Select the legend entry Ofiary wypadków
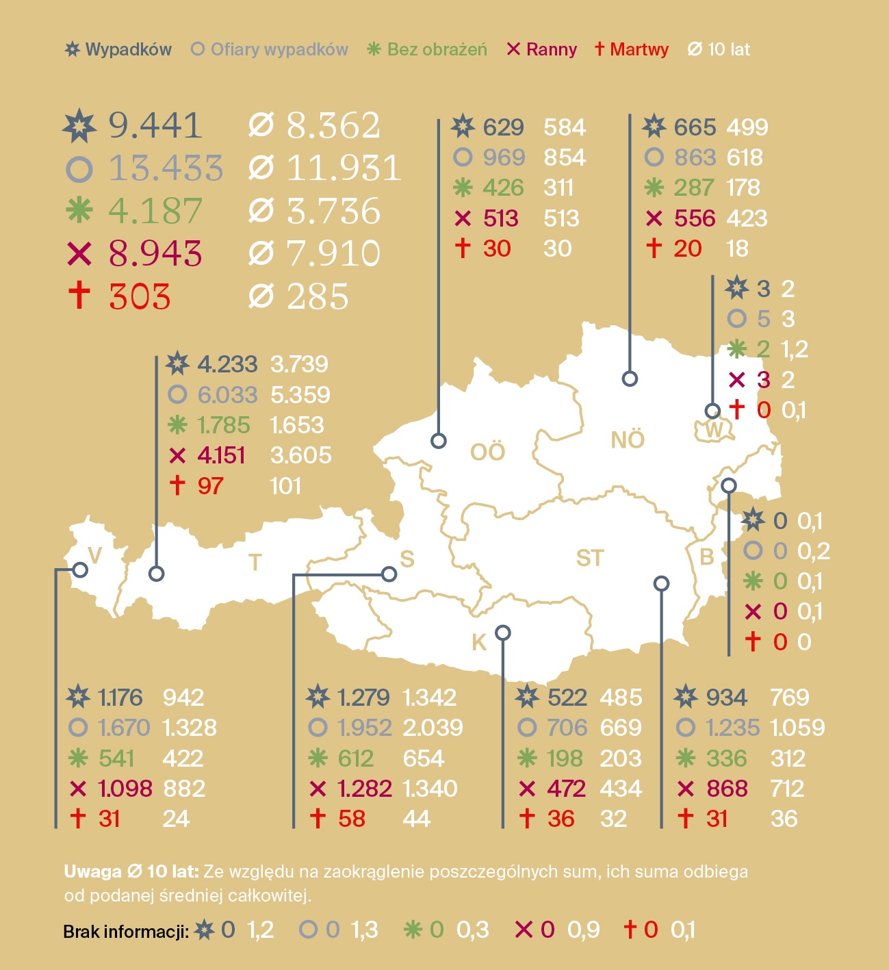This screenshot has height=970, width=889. tap(270, 49)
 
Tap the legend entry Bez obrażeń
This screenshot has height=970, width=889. tap(427, 49)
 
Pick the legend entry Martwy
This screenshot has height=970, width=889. tap(632, 49)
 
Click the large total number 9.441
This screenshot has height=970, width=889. tap(155, 126)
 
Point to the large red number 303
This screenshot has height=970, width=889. tap(140, 297)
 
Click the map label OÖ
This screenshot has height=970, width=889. tap(487, 452)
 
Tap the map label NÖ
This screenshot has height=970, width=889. tap(628, 440)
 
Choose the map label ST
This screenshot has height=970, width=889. tap(590, 559)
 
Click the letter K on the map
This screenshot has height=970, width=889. tap(479, 643)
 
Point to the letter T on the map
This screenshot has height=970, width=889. tap(255, 563)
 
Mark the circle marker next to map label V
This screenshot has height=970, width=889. tap(80, 570)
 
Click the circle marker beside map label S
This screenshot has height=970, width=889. tap(389, 574)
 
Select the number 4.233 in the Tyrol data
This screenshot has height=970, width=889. tap(227, 364)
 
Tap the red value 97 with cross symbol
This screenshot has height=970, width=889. tap(210, 486)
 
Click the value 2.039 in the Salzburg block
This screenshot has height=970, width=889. tap(433, 728)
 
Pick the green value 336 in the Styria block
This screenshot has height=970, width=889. tap(726, 758)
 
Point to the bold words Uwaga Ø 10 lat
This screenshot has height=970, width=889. tap(131, 871)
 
